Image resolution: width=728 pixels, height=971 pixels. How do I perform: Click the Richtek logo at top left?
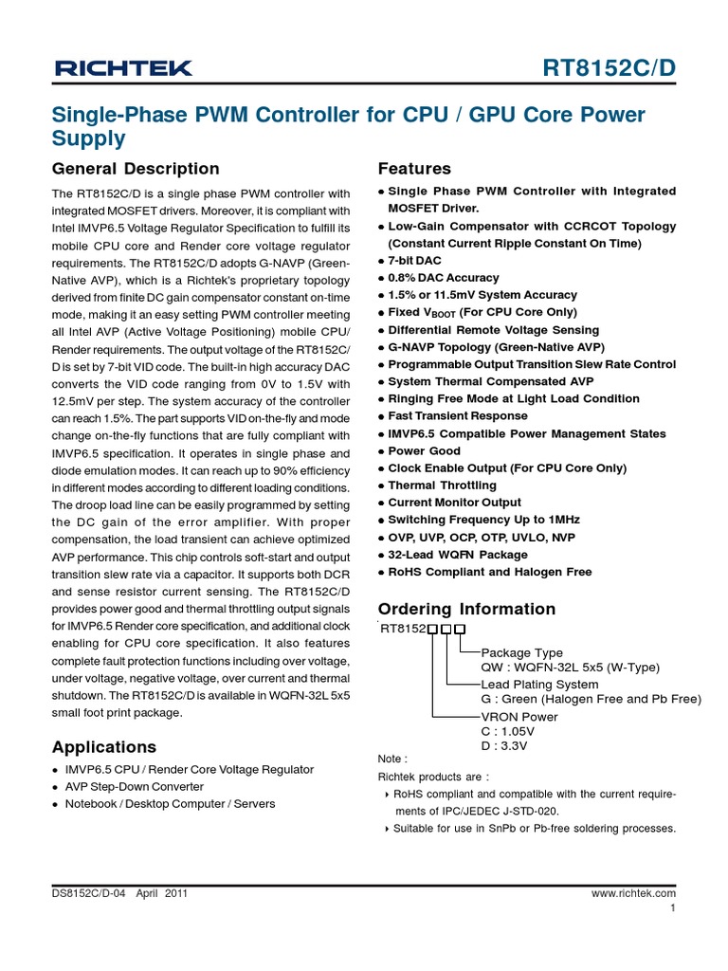click(123, 67)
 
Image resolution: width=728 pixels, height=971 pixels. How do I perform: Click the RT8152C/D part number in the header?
click(610, 67)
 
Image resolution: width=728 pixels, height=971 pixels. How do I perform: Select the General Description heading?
click(136, 169)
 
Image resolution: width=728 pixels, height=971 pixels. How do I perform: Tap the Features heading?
click(414, 169)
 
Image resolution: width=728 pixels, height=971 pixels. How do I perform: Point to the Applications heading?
click(104, 746)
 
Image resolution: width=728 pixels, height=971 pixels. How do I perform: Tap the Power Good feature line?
click(424, 451)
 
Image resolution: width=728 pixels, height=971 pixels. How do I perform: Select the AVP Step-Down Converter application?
click(134, 787)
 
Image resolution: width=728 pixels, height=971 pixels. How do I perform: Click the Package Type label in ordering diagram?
click(522, 652)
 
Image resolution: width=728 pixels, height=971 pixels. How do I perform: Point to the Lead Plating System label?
click(539, 685)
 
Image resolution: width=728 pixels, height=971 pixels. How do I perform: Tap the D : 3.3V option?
click(504, 746)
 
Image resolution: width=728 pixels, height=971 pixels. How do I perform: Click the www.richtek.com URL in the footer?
click(633, 893)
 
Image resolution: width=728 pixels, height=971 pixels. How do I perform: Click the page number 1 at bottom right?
click(672, 908)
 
